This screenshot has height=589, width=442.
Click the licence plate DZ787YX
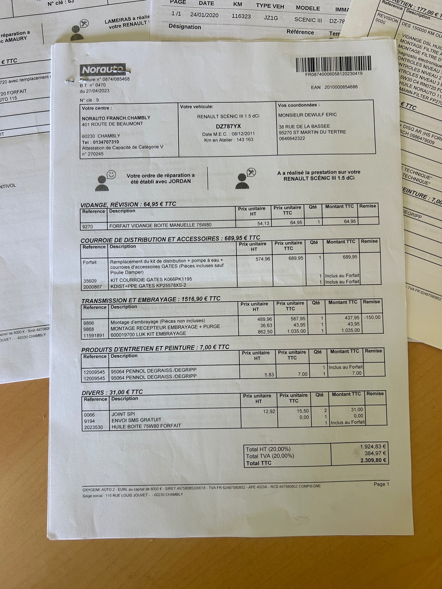pyautogui.click(x=228, y=126)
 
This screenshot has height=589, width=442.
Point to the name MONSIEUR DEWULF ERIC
pyautogui.click(x=308, y=115)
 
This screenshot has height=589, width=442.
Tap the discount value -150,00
pyautogui.click(x=372, y=317)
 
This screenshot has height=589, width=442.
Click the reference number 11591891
pyautogui.click(x=94, y=335)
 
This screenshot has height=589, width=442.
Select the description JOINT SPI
pyautogui.click(x=123, y=414)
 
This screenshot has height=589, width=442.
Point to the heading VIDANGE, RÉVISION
pyautogui.click(x=109, y=205)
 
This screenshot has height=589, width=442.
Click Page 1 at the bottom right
pyautogui.click(x=381, y=484)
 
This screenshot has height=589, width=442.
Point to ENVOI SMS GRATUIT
pyautogui.click(x=136, y=420)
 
